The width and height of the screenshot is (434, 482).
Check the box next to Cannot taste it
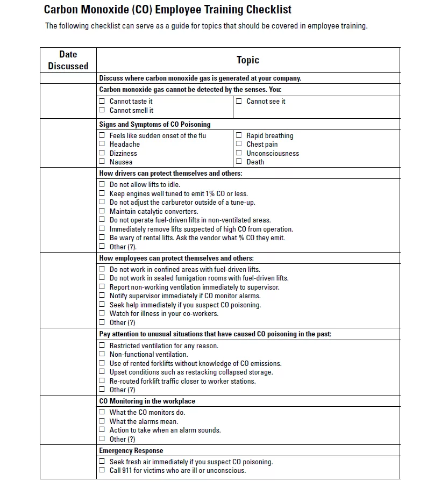[x=102, y=101]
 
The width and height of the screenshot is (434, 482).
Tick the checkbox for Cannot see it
[x=239, y=101]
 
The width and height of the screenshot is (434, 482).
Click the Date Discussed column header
[x=68, y=60]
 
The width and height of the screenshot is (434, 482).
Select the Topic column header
[x=247, y=60]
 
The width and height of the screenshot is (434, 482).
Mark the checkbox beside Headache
[x=102, y=144]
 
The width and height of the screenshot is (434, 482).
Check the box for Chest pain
[x=239, y=144]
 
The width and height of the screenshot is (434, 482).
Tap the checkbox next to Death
[x=239, y=162]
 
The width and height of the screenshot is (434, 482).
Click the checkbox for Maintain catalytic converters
[x=102, y=211]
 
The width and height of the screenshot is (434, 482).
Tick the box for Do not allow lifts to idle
[x=102, y=184]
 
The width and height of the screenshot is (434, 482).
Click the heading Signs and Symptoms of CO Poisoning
[x=155, y=124]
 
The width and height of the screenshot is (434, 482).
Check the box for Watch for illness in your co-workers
[x=102, y=313]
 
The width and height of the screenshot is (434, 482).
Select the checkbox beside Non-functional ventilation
[x=102, y=354]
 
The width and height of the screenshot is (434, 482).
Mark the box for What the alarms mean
[x=102, y=421]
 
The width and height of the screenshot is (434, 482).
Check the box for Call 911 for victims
[x=102, y=470]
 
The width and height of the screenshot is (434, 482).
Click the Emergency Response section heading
[x=131, y=450]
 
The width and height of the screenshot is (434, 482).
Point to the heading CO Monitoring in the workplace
[x=147, y=401]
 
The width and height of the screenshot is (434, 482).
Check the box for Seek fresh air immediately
[x=102, y=462]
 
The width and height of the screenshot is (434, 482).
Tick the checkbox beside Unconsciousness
[x=239, y=153]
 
